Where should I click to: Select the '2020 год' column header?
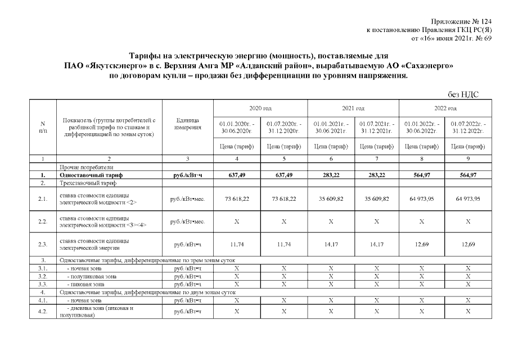260,108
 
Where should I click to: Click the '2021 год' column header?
353,108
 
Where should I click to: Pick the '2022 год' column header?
445,108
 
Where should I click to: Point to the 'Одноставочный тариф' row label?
90,175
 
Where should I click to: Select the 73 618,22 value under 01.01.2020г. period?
236,199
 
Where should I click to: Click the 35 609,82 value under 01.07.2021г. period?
376,199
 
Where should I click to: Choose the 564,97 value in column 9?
468,175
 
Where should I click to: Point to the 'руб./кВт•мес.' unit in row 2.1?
187,199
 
